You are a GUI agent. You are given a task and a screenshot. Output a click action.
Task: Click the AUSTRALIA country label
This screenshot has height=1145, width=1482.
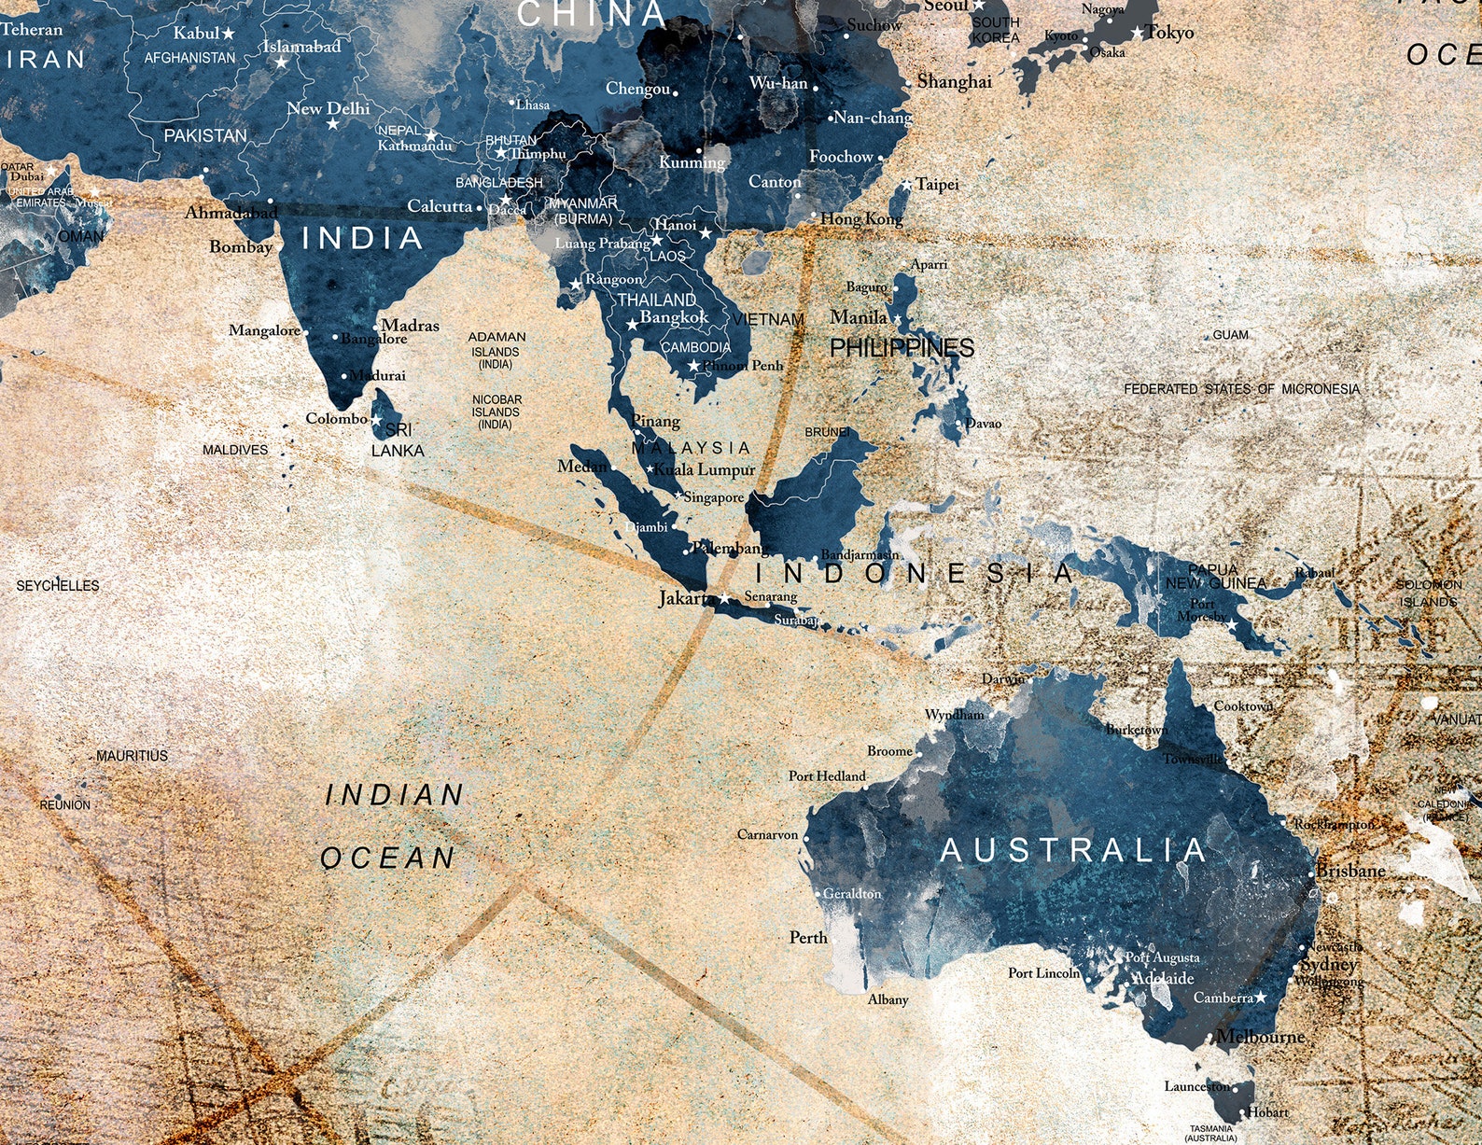tap(1073, 850)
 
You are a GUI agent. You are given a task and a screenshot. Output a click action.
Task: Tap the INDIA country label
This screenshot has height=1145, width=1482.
tap(362, 238)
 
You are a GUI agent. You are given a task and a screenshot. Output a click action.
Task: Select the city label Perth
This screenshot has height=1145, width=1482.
tap(807, 937)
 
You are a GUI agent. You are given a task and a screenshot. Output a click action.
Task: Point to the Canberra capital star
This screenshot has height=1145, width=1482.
tap(1261, 998)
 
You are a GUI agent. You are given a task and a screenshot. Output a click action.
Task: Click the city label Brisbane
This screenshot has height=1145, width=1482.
tap(1350, 871)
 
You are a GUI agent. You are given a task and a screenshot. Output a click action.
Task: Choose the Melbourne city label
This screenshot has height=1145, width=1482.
tap(1260, 1037)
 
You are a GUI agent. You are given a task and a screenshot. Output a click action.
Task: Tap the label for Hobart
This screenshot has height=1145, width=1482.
tap(1268, 1111)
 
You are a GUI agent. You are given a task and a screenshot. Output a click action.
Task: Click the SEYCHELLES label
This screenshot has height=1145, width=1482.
tap(58, 585)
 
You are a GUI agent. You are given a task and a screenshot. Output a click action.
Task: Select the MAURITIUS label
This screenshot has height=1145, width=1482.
tap(132, 755)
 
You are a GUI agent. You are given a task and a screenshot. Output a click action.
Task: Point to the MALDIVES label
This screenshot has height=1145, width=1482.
tap(235, 450)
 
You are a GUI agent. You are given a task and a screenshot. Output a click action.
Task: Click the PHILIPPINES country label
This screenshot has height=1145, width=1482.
tap(902, 348)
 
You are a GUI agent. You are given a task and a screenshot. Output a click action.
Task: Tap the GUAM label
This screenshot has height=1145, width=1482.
tap(1230, 334)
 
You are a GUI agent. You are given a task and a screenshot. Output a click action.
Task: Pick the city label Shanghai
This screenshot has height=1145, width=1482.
tap(954, 81)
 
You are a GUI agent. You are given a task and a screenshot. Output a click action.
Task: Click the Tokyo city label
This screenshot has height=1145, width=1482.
tap(1169, 33)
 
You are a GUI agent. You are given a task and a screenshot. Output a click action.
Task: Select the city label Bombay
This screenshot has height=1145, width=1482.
tap(241, 246)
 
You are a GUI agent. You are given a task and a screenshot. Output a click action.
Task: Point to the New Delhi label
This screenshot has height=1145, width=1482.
tap(328, 108)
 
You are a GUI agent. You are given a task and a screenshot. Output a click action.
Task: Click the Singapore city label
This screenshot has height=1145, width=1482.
tap(713, 497)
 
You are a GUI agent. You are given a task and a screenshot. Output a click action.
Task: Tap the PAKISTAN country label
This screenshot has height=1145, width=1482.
tap(205, 135)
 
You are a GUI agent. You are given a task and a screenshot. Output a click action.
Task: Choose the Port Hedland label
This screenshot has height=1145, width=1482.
tap(827, 775)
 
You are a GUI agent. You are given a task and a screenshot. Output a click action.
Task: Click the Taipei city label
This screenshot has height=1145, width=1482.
tap(937, 184)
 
